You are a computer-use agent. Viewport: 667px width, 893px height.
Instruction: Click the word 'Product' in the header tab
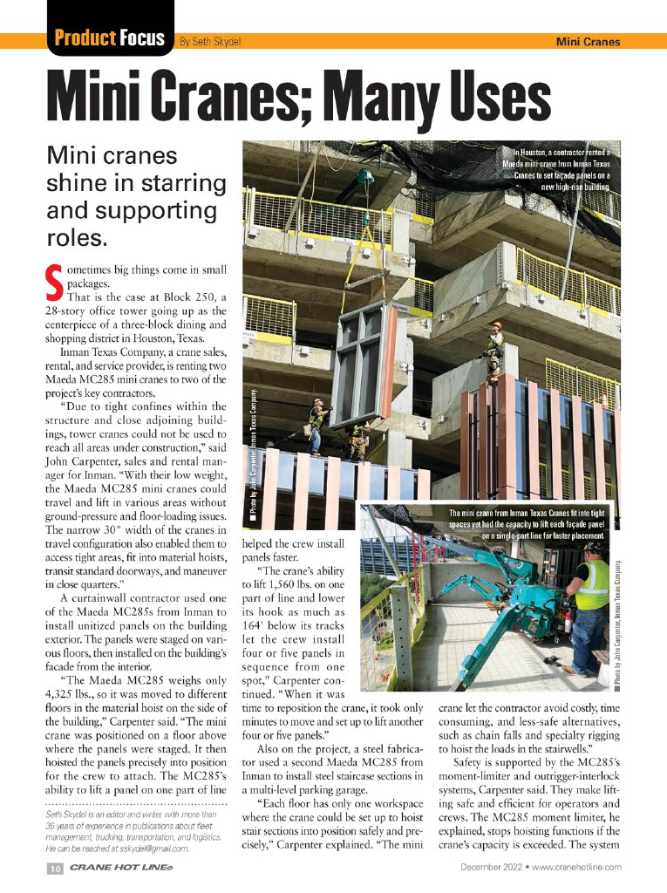85,38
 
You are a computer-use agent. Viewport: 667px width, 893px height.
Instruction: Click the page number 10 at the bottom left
53,868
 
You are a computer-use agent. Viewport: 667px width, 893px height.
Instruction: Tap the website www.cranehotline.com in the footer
575,867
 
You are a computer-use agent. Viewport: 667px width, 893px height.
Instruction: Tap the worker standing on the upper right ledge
495,349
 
